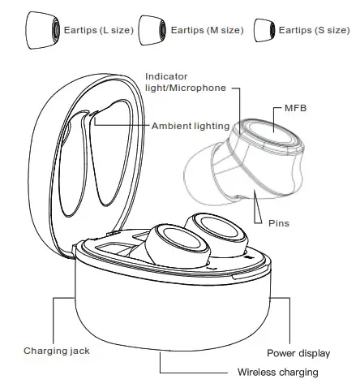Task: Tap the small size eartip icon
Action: [x=263, y=30]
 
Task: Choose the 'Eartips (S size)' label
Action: [x=315, y=30]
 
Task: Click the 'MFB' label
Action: [x=296, y=107]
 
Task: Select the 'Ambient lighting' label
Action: [x=191, y=126]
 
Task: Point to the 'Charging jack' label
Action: [x=56, y=351]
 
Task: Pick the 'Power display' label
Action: [x=298, y=353]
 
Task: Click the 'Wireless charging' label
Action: [x=277, y=373]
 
